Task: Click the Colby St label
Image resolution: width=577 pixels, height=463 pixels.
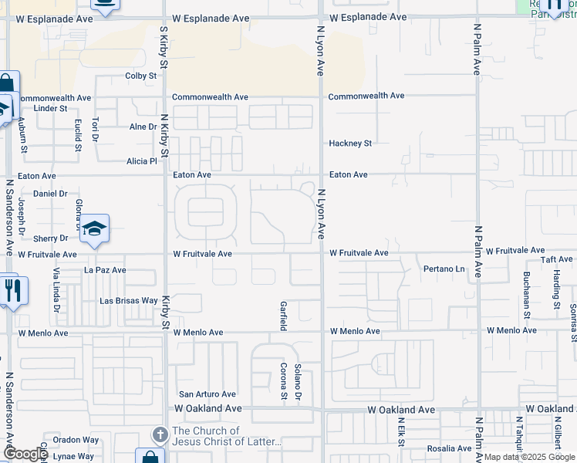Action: pos(141,76)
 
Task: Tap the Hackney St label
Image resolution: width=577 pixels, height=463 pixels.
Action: pos(350,144)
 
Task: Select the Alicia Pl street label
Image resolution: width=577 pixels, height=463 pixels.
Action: pos(142,161)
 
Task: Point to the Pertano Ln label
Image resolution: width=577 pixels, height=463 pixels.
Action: pos(444,269)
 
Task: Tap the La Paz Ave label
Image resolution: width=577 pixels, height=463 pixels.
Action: pos(105,270)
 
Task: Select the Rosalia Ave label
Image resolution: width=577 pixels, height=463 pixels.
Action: pos(449,448)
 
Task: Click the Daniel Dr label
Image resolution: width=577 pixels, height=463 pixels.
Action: pos(51,193)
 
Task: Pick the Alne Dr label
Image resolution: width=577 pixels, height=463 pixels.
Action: pos(143,127)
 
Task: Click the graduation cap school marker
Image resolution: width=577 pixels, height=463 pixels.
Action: pos(95,228)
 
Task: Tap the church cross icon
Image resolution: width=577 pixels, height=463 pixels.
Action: pos(160,436)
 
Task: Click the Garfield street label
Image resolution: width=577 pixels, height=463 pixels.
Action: pos(283,316)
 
